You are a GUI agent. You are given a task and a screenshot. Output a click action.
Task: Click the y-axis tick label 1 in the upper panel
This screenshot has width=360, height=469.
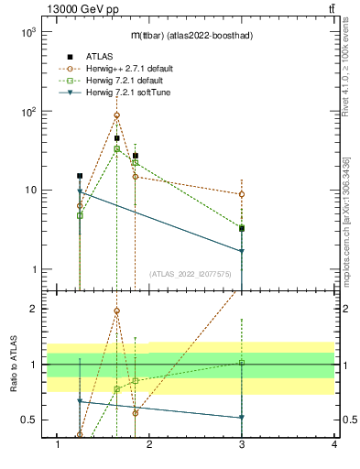click(x=33, y=269)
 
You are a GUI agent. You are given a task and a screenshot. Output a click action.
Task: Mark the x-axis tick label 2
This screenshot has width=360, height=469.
click(x=150, y=444)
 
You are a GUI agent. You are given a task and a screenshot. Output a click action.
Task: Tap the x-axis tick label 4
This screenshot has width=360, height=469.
click(x=334, y=444)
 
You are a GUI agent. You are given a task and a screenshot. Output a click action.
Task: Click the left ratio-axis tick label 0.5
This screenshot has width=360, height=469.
click(x=28, y=420)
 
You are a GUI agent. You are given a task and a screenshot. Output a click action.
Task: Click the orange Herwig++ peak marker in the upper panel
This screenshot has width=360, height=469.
click(x=116, y=115)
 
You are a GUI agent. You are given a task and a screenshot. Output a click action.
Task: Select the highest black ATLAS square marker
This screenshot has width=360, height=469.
click(x=117, y=138)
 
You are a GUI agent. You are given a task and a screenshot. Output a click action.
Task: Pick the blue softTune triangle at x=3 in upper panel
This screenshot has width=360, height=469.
click(x=242, y=251)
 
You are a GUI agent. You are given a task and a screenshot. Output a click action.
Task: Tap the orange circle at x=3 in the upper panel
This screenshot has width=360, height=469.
click(x=242, y=194)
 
